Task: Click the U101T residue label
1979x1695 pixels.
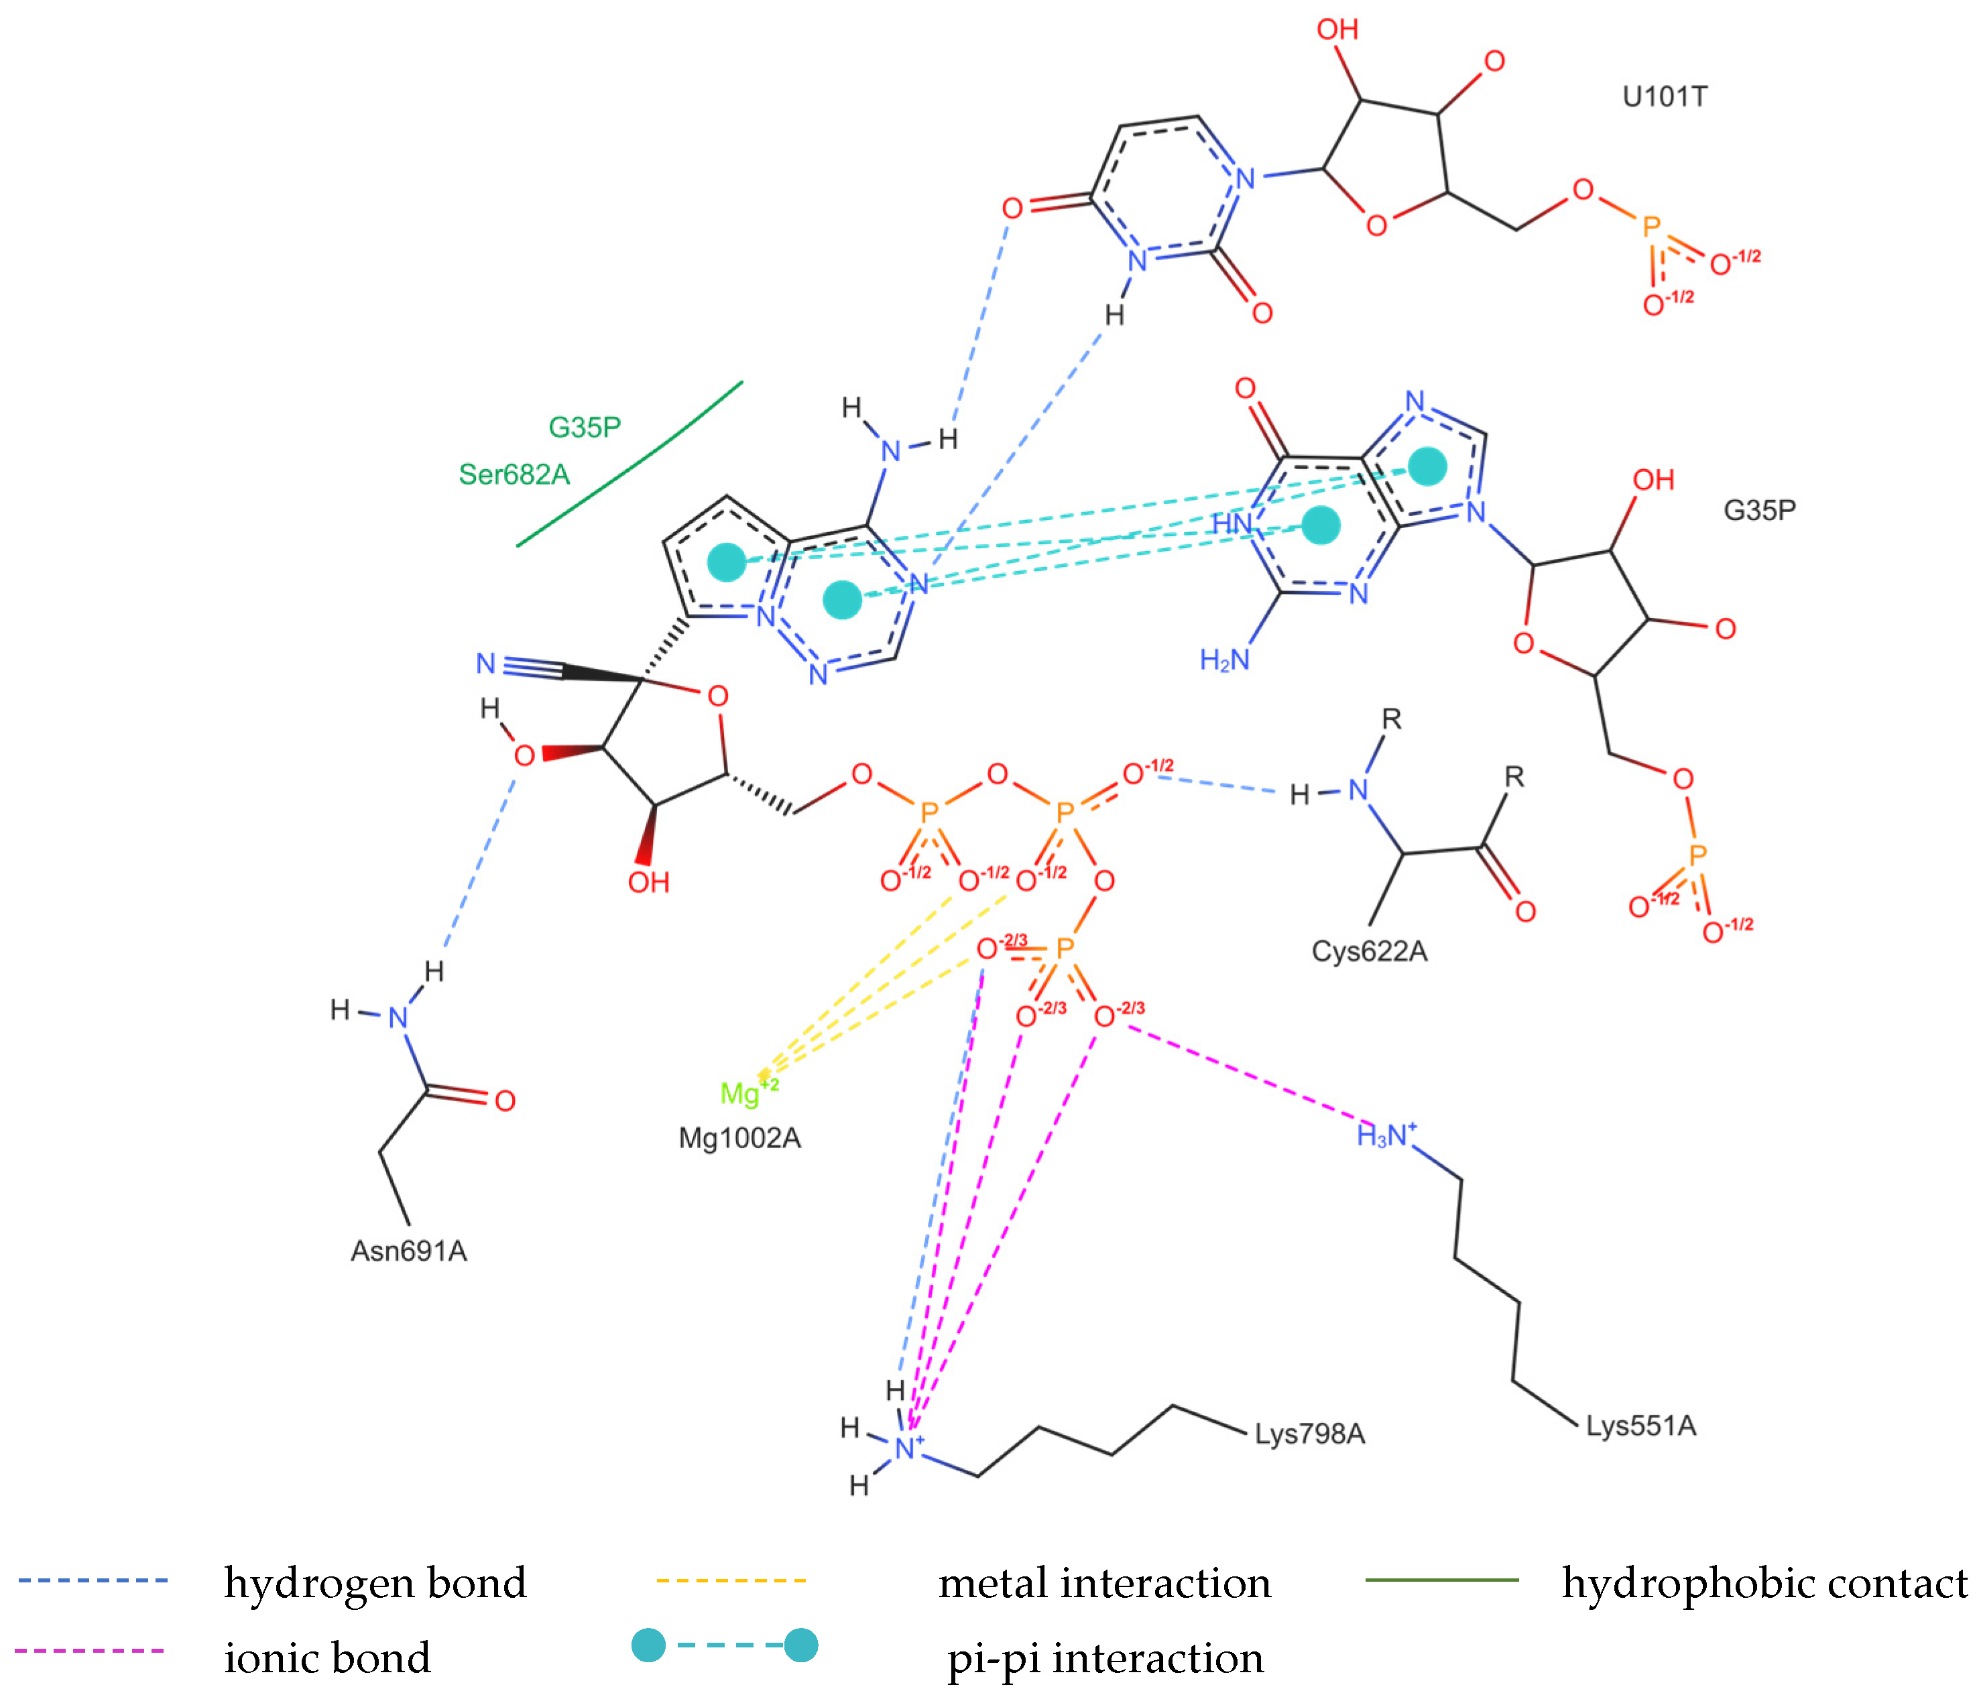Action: point(1664,97)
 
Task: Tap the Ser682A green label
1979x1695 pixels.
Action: point(514,474)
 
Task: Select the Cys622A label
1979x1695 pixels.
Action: point(1369,951)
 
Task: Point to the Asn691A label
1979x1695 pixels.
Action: point(409,1251)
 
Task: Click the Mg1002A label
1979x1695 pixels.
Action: point(739,1138)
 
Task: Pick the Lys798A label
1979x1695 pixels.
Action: point(1309,1434)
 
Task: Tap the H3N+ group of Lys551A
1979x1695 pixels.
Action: point(1386,1135)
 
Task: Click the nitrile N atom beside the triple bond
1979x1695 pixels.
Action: point(486,663)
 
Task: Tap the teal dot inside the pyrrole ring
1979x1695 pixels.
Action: point(727,562)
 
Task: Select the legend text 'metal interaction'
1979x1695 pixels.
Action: point(1104,1583)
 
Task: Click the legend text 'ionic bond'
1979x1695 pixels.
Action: point(326,1657)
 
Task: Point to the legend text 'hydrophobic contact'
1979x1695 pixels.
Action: point(1764,1583)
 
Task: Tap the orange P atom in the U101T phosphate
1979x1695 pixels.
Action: point(1651,227)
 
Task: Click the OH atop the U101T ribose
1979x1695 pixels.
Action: point(1337,29)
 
